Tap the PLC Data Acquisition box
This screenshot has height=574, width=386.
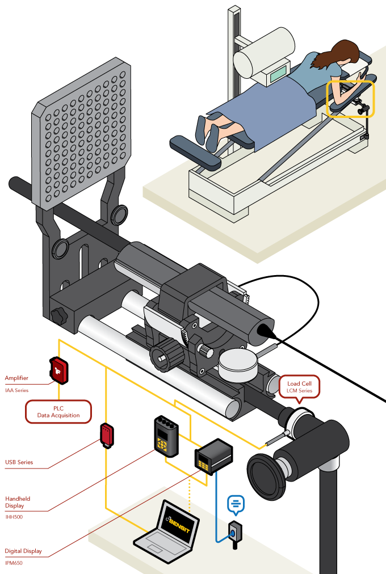pyautogui.click(x=58, y=411)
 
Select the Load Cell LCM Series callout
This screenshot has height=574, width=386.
pyautogui.click(x=300, y=386)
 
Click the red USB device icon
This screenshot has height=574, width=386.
pyautogui.click(x=107, y=434)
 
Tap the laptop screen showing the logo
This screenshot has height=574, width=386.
pyautogui.click(x=179, y=518)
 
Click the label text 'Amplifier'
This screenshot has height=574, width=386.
pyautogui.click(x=16, y=378)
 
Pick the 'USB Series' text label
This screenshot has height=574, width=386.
pyautogui.click(x=19, y=462)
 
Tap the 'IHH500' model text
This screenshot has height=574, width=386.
pyautogui.click(x=14, y=516)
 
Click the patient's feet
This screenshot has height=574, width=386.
pyautogui.click(x=207, y=131)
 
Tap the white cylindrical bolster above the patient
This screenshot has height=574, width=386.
pyautogui.click(x=265, y=54)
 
